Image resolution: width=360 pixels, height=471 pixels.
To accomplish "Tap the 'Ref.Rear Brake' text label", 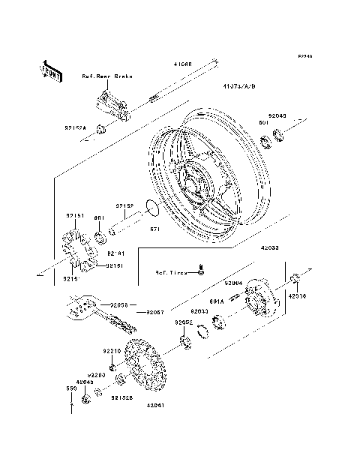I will (104, 76).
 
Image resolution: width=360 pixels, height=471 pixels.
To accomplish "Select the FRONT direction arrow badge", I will (46, 70).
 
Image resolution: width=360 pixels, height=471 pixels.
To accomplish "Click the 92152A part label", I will (76, 129).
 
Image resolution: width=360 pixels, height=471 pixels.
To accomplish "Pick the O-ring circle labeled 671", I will (149, 207).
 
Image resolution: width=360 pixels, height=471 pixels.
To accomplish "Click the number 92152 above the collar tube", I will (124, 205).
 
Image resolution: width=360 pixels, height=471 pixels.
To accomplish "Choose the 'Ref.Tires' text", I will (170, 273).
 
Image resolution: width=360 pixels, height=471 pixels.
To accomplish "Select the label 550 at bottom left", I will (72, 390).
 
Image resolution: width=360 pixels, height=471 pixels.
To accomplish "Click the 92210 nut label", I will (112, 351).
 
